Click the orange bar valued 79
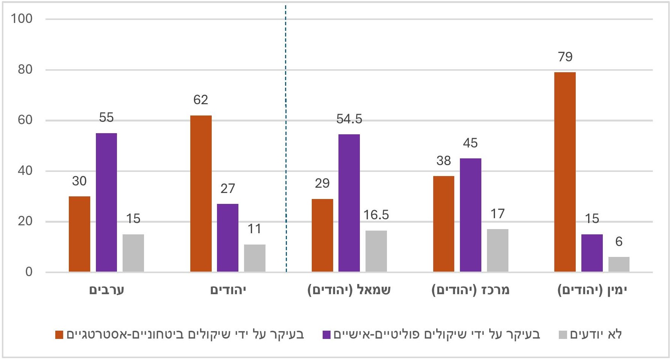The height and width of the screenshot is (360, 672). pos(565,172)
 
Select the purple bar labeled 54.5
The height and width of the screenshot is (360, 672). pos(349,203)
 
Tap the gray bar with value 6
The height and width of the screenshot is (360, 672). pos(619,264)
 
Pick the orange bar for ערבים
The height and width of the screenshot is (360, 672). pos(79,234)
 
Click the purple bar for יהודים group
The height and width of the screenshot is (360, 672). pos(228,238)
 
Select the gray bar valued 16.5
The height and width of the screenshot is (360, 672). pos(376,251)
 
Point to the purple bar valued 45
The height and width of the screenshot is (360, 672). pos(470,215)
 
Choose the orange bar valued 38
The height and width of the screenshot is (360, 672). pos(444,224)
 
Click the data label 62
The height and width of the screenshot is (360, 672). pos(200,100)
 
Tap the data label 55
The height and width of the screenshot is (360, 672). pos(106,117)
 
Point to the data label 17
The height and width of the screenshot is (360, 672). pos(497,214)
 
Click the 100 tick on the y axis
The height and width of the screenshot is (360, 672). pos(22,18)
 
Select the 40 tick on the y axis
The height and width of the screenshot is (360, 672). pos(25,170)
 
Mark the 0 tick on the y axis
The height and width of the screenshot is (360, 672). pos(29,272)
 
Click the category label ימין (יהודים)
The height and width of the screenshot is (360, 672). pos(592,290)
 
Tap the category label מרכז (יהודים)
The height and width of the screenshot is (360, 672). pos(470,290)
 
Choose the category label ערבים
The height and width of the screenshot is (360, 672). pos(106,290)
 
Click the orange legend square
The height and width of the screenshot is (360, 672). pos(59,334)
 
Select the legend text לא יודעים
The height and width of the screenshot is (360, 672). pos(596,334)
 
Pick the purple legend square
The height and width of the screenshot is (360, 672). pos(326,334)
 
